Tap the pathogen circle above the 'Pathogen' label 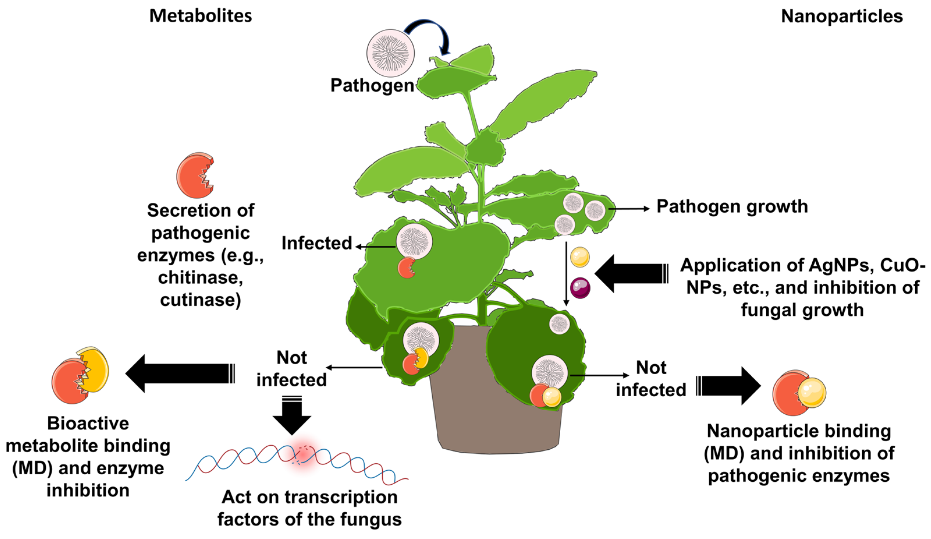click(x=390, y=53)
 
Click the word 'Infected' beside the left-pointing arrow click(x=317, y=243)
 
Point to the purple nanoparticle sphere click(x=580, y=288)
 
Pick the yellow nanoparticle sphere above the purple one click(x=580, y=257)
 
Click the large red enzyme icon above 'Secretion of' click(x=195, y=176)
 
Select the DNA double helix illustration click(x=296, y=462)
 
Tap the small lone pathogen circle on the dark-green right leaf click(x=559, y=324)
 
